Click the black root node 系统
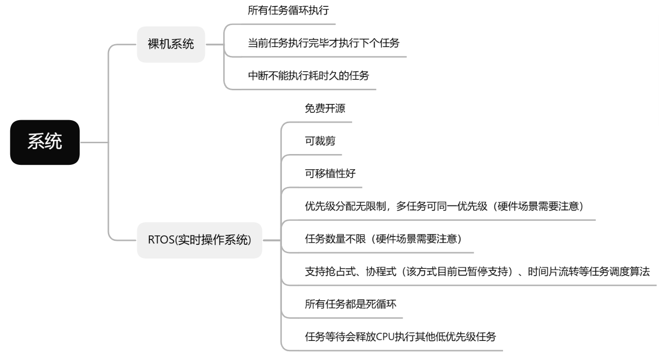click(x=45, y=142)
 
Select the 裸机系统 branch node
click(x=171, y=45)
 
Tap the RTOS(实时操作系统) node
click(x=199, y=240)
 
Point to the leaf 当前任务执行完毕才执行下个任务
click(x=324, y=43)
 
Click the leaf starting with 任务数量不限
click(x=383, y=239)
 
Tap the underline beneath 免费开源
click(x=324, y=122)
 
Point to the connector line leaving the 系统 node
click(x=93, y=143)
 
